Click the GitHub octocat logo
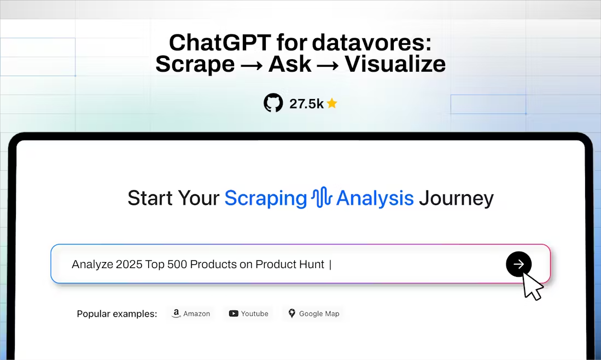coord(273,103)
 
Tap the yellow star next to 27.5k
coord(332,103)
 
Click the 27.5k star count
coord(306,103)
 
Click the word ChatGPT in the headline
coord(220,42)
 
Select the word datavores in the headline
coord(371,42)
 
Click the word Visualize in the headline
coord(395,63)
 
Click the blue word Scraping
coord(266,198)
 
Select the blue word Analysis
coord(375,198)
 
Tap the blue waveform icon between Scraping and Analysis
coord(322,197)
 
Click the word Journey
coord(456,199)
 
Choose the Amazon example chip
coord(191,313)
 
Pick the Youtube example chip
coord(248,313)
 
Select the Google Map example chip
coord(313,313)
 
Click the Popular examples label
coord(117,314)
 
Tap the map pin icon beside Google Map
coord(291,313)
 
